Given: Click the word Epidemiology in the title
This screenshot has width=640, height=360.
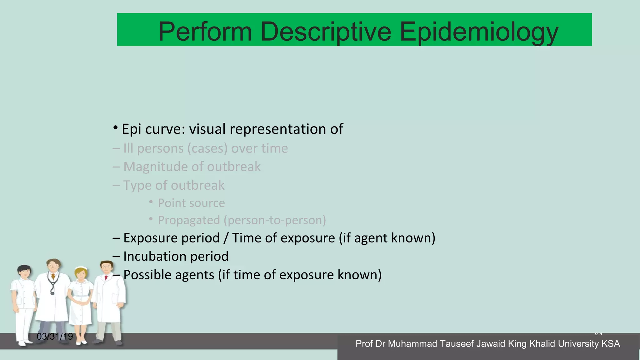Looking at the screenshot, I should (479, 32).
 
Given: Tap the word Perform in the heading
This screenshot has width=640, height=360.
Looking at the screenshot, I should (205, 32).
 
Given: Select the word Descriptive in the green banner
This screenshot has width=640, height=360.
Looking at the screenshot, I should (326, 32).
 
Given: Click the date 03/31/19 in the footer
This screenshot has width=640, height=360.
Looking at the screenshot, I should (55, 337).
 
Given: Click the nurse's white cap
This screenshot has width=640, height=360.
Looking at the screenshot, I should (82, 268).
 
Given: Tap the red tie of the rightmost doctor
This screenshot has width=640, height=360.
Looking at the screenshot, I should (106, 277).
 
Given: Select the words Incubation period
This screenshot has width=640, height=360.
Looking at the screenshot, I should (176, 256).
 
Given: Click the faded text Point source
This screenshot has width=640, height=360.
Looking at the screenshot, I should (191, 203).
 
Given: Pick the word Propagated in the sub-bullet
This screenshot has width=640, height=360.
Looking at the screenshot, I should (189, 220).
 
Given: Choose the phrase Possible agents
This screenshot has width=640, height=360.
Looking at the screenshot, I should (169, 275).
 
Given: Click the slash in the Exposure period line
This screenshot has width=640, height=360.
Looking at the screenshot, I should (226, 238).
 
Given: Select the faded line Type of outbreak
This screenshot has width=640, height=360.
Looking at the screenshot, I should (174, 185).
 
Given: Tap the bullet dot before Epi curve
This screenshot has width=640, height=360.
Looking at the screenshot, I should (115, 128).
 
